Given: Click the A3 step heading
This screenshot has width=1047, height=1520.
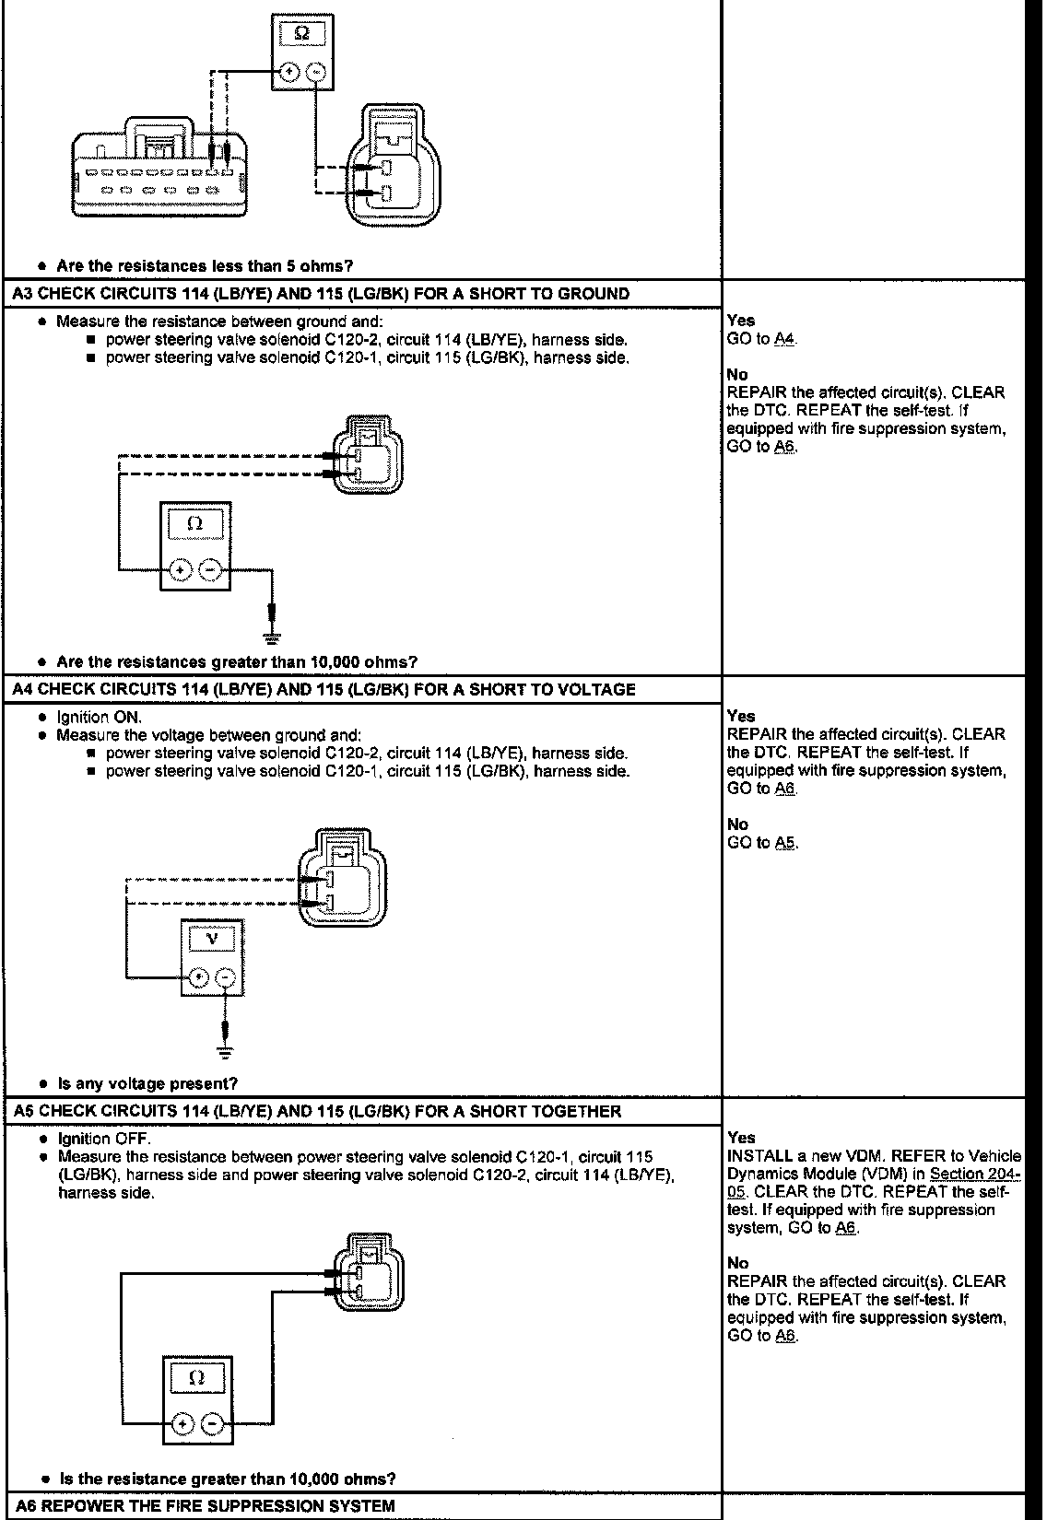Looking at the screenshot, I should pos(322,294).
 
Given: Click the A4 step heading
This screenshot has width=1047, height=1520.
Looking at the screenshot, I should pos(324,689).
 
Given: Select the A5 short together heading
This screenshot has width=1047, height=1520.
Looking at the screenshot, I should pos(318,1111).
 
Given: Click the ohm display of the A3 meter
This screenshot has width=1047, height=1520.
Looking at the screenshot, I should pos(194,523).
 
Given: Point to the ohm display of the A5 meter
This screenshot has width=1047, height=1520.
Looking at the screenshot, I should pos(195,1378).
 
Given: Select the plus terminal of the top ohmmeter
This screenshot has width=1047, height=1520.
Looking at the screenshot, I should pos(288,72).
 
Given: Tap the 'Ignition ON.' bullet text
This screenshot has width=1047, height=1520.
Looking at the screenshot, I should pos(100,717).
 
